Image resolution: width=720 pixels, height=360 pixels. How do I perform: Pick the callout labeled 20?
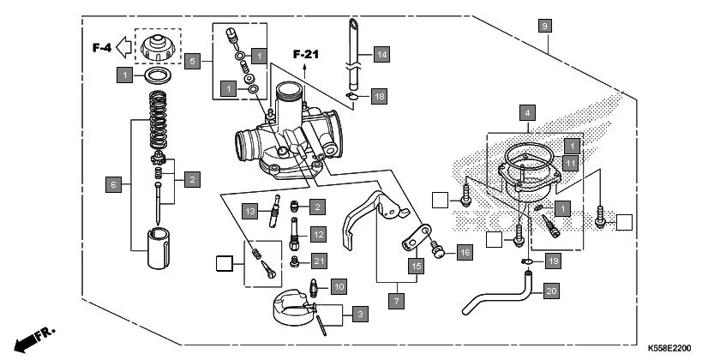tap(551, 291)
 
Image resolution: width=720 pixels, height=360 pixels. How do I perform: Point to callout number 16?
tap(465, 252)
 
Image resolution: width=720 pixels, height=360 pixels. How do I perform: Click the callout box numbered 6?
tap(112, 183)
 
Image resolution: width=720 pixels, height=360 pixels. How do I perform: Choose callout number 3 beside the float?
tap(358, 315)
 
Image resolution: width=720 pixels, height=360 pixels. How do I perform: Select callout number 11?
tap(571, 161)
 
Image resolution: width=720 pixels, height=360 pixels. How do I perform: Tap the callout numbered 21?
tap(319, 261)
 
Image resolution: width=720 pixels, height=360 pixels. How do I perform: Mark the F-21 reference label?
tap(306, 55)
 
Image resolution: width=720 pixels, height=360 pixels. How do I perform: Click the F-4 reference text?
tap(102, 48)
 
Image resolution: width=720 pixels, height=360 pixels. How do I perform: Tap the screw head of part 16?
tap(439, 251)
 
